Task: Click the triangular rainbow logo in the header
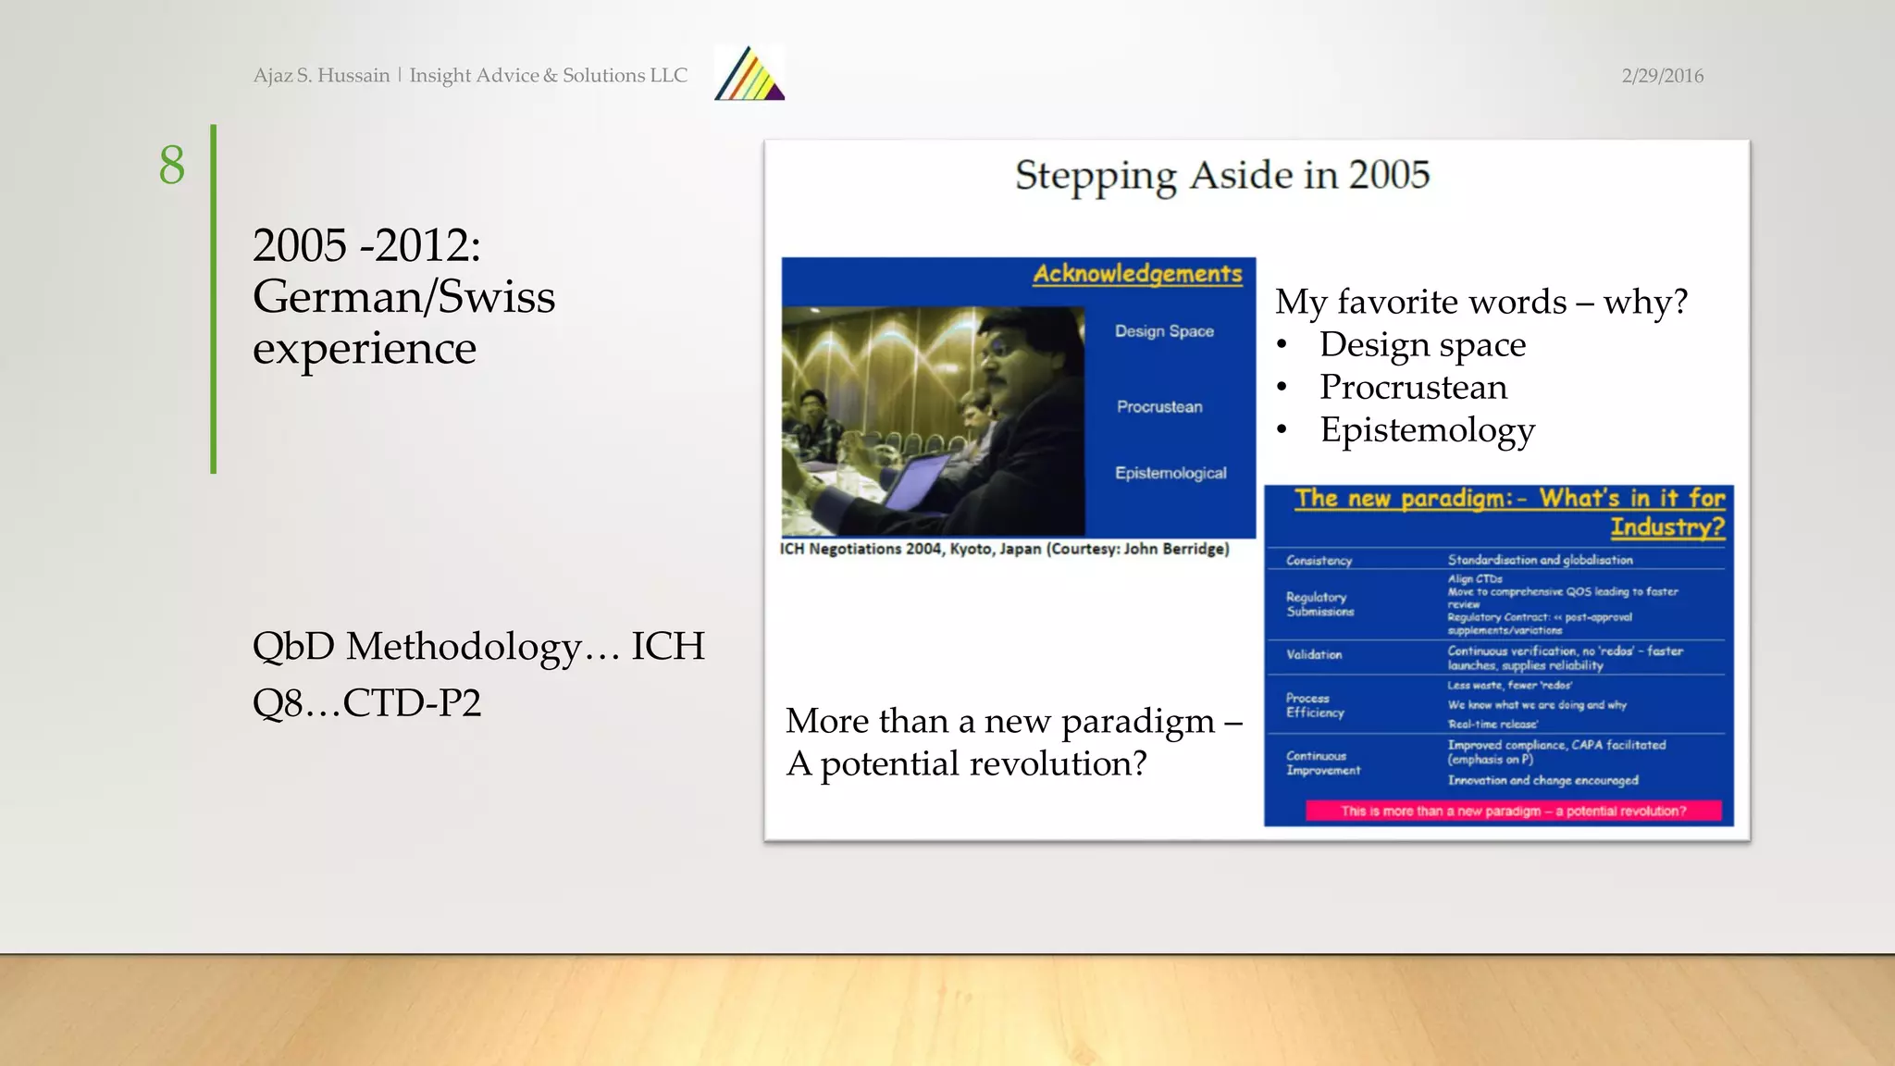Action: [x=749, y=74]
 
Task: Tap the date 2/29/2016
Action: [x=1662, y=76]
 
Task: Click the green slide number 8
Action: [x=172, y=166]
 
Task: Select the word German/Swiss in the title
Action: [x=403, y=297]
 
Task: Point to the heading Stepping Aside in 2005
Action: [x=1221, y=175]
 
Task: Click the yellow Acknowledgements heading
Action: [x=1137, y=274]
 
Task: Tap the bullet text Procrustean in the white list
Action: [x=1413, y=387]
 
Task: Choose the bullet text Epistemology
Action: [x=1427, y=430]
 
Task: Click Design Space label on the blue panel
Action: [x=1164, y=331]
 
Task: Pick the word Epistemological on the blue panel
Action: [x=1170, y=473]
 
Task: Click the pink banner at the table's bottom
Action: [x=1513, y=811]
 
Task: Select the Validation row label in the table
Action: [x=1313, y=655]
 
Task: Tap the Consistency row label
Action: [x=1319, y=561]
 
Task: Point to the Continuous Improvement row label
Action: [x=1322, y=763]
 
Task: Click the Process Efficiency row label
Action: [x=1314, y=705]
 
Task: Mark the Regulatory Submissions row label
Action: [x=1319, y=604]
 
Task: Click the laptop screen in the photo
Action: [x=916, y=481]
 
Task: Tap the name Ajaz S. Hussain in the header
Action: [x=321, y=76]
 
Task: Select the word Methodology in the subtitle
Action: [x=464, y=646]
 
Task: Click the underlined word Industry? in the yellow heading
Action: [x=1667, y=527]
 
